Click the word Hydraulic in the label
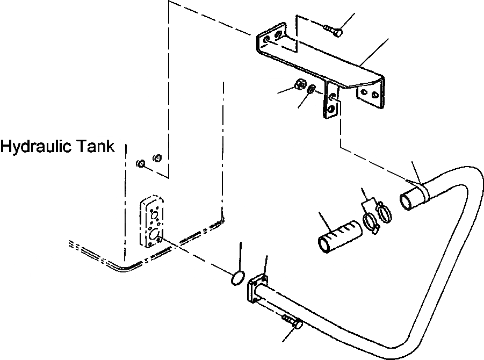38,146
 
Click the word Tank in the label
97,146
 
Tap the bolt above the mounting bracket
334,31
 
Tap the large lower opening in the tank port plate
152,235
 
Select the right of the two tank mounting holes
157,158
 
